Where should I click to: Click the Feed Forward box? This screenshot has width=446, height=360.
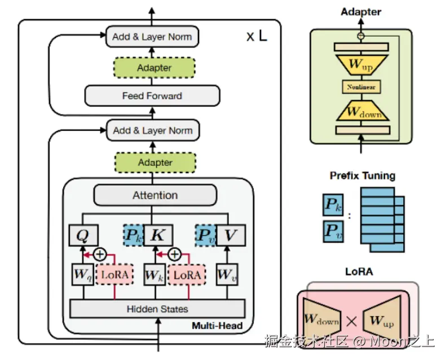click(x=152, y=96)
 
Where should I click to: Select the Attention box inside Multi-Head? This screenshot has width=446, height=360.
click(x=155, y=195)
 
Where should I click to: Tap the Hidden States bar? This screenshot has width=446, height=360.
click(x=157, y=309)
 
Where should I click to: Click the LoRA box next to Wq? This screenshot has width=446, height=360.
click(x=115, y=275)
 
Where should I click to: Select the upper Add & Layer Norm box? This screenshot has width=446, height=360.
click(x=152, y=37)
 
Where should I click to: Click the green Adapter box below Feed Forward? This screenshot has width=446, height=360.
click(x=155, y=163)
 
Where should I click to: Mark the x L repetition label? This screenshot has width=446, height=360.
click(x=257, y=37)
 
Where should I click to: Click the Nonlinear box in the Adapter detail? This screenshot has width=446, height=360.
click(x=361, y=87)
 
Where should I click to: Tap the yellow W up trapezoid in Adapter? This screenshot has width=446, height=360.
click(x=361, y=64)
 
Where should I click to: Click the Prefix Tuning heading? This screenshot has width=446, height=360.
click(x=362, y=175)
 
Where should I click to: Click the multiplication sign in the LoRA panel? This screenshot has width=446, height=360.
click(x=351, y=322)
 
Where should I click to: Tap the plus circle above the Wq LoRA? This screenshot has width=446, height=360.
click(x=100, y=254)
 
